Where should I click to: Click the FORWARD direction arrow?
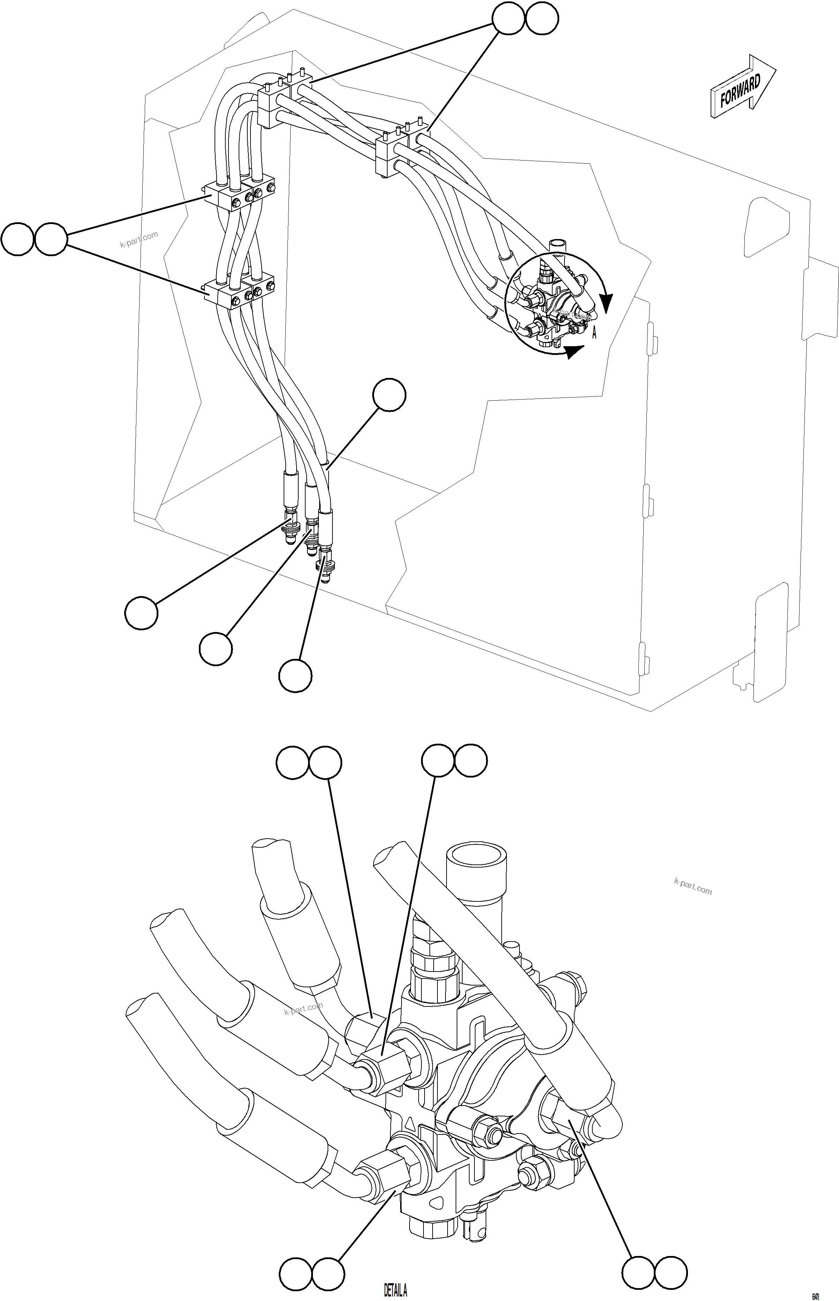pos(742,87)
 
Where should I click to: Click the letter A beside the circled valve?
pos(594,333)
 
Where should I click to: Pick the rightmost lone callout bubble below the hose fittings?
pos(295,676)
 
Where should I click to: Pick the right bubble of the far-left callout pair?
pos(51,239)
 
